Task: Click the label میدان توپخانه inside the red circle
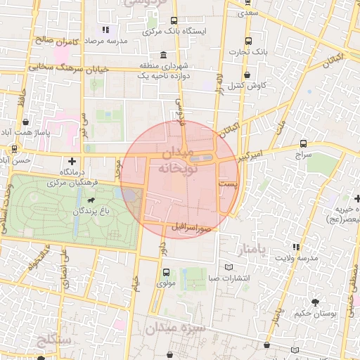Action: pos(179,160)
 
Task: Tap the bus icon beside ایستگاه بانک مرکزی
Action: pos(174,21)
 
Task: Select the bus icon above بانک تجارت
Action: pos(248,40)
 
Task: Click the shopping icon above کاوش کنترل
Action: pos(247,75)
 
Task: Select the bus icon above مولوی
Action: pos(166,272)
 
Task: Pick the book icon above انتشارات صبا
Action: pos(229,266)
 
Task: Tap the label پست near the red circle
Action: pos(229,183)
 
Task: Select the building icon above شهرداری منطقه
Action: pos(163,55)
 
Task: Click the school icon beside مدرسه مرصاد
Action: pos(106,30)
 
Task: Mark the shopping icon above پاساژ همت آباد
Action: pos(25,122)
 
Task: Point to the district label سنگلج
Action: pos(53,341)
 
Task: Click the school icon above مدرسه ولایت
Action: pos(296,247)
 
